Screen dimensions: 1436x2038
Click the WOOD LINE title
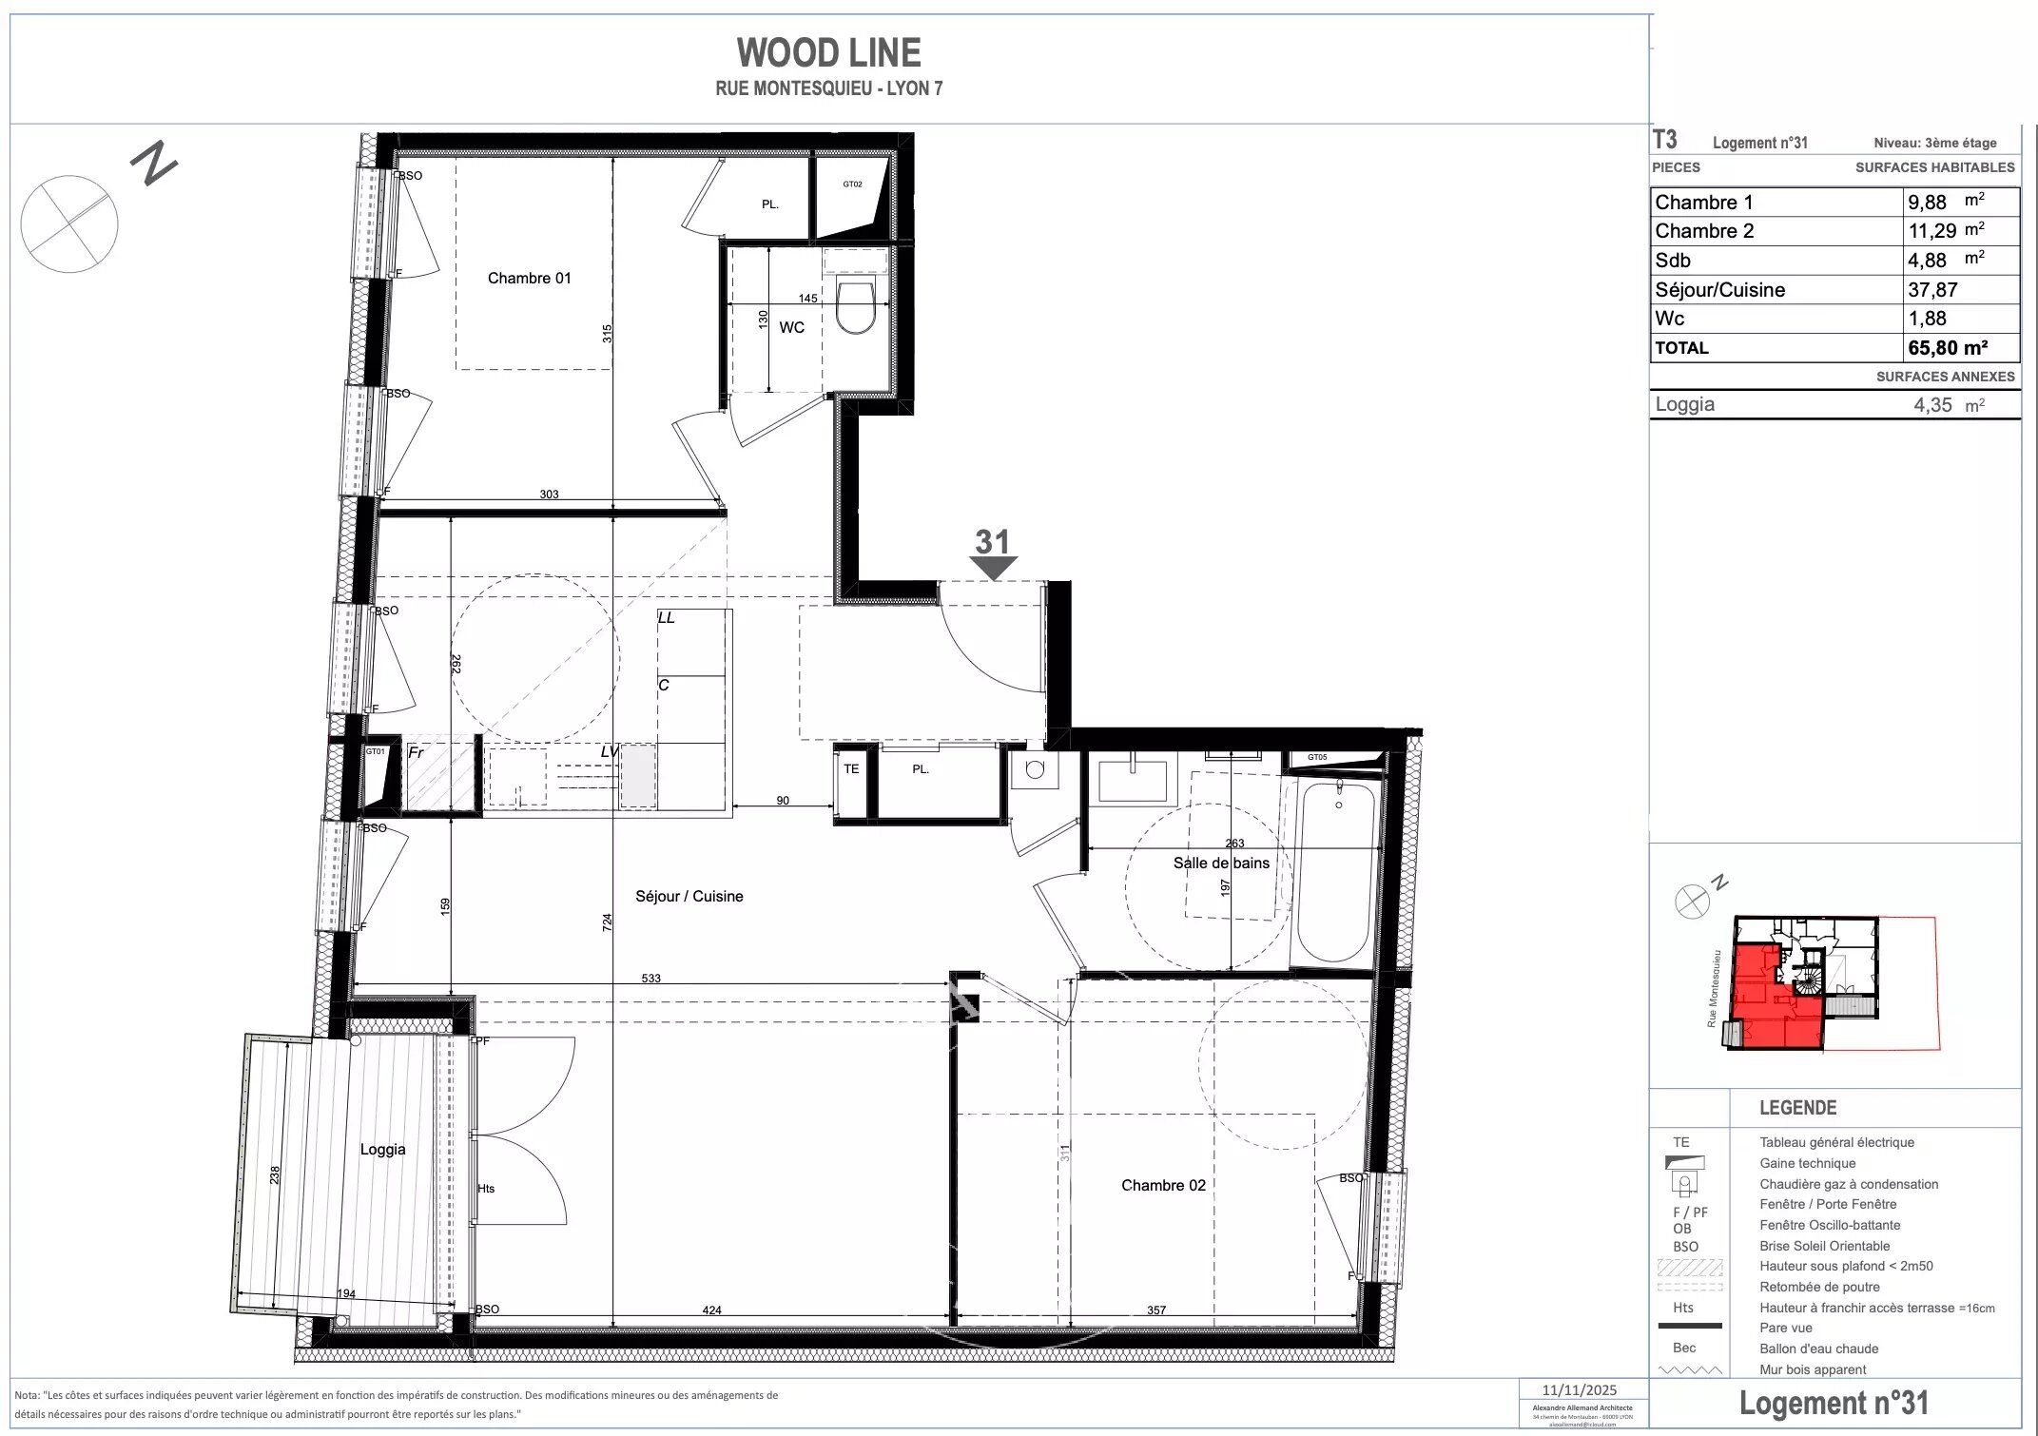[828, 52]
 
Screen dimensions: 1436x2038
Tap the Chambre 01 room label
[529, 278]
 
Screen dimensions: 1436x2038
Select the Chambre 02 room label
[1162, 1185]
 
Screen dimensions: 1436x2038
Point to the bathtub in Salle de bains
[1335, 870]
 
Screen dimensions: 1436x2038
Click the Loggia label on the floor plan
[382, 1149]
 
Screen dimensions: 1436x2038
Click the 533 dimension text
[650, 978]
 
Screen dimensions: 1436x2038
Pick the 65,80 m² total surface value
[1948, 348]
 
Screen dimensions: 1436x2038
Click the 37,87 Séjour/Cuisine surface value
[1932, 290]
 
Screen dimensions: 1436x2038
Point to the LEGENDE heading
[1797, 1108]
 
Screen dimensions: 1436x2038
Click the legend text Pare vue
[1785, 1328]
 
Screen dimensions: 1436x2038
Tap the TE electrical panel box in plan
[851, 768]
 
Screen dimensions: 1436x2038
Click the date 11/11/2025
[1580, 1390]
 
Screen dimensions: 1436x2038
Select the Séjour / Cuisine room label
[689, 896]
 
